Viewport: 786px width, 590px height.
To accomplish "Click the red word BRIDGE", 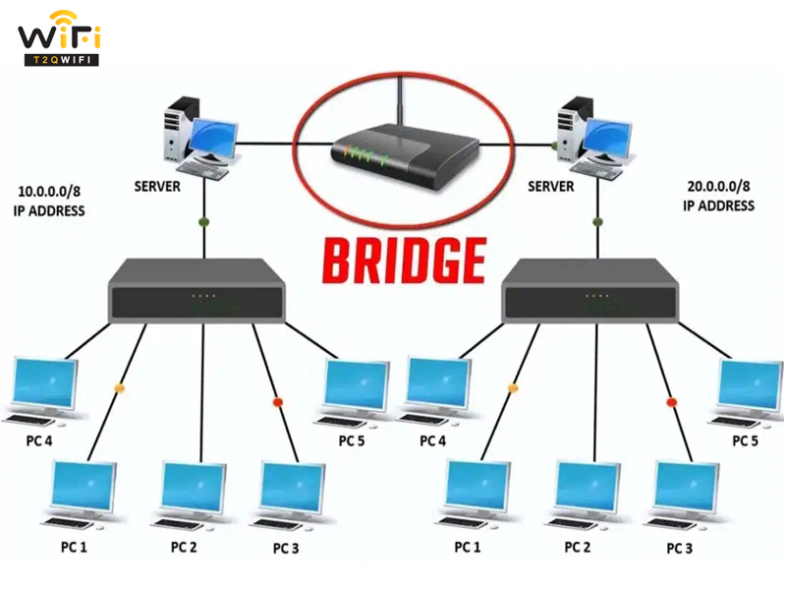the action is pyautogui.click(x=404, y=261).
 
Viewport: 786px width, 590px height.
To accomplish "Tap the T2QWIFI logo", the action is pyautogui.click(x=60, y=38).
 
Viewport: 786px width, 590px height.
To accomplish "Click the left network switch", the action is pyautogui.click(x=196, y=291).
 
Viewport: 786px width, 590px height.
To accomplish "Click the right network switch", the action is pyautogui.click(x=590, y=291).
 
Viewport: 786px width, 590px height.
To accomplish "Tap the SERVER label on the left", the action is pyautogui.click(x=157, y=187).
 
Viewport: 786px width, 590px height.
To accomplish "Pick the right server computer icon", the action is pyautogui.click(x=594, y=138).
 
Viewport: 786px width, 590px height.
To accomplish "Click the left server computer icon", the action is pyautogui.click(x=201, y=138).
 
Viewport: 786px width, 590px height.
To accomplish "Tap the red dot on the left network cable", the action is pyautogui.click(x=278, y=402).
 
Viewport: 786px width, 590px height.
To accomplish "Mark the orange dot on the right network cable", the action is pyautogui.click(x=512, y=387).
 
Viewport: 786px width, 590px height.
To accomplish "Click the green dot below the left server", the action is pyautogui.click(x=204, y=222).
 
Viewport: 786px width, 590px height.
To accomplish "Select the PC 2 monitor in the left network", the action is pyautogui.click(x=193, y=488).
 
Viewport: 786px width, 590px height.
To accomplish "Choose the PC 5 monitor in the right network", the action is pyautogui.click(x=751, y=385).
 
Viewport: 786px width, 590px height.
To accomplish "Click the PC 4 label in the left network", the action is pyautogui.click(x=39, y=441).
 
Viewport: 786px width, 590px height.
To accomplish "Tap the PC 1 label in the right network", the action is pyautogui.click(x=468, y=547).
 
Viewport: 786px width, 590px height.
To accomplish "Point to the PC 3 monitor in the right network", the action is pyautogui.click(x=687, y=488).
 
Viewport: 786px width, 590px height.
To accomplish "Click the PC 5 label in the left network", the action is pyautogui.click(x=352, y=441).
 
